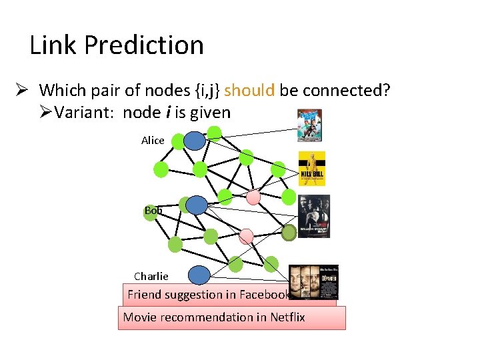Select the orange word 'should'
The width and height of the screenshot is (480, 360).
tap(249, 90)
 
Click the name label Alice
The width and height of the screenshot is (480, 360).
tap(153, 140)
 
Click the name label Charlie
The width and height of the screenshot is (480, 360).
tap(151, 276)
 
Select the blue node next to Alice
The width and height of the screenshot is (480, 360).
tap(194, 140)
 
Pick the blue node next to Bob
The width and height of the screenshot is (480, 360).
tap(197, 205)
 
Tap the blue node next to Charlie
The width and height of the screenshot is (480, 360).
tap(199, 275)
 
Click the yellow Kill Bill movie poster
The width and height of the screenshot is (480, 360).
tap(311, 168)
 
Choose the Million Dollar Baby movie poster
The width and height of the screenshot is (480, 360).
tap(313, 217)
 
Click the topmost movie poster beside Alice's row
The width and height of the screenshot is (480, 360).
tap(309, 125)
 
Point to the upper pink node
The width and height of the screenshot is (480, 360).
tap(253, 198)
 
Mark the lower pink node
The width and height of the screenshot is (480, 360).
tap(246, 235)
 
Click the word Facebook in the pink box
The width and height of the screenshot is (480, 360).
tap(265, 295)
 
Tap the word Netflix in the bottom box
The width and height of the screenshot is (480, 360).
tap(287, 317)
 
